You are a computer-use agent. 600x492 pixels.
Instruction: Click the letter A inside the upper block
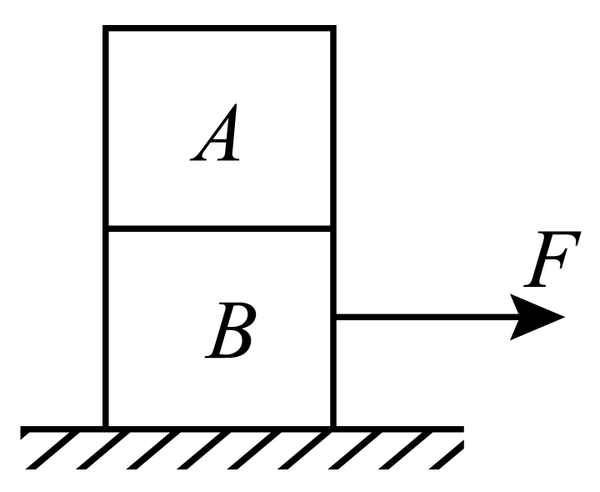[216, 132]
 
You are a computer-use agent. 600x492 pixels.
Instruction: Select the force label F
[552, 259]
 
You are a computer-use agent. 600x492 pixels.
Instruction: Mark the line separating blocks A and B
[219, 229]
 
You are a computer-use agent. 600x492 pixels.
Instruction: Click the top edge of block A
[219, 28]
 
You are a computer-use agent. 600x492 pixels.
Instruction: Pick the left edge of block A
[105, 128]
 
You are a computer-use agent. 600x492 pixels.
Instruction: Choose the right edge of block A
[333, 128]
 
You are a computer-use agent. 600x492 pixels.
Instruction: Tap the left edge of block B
[105, 328]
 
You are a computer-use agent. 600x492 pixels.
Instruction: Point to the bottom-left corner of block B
[105, 426]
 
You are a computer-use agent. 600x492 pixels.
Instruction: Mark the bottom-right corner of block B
[333, 426]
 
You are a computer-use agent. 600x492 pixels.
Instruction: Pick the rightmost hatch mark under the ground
[446, 454]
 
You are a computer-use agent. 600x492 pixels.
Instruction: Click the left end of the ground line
[20, 429]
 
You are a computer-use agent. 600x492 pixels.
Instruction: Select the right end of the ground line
[464, 429]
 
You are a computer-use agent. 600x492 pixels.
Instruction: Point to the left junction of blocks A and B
[105, 229]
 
